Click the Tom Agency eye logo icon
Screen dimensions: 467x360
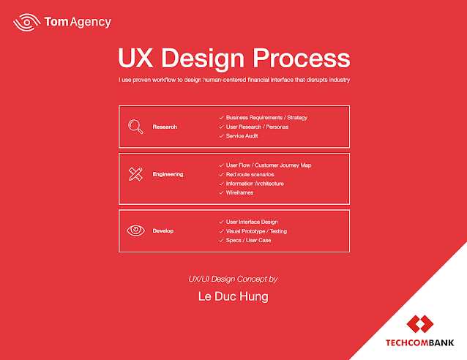(x=27, y=23)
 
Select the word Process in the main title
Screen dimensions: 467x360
(x=301, y=59)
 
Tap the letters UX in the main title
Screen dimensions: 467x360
(x=135, y=58)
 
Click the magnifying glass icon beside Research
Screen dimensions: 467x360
(x=135, y=127)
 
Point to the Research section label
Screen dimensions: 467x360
(x=165, y=127)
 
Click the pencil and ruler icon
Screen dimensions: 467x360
(x=135, y=174)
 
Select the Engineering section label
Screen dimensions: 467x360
(x=168, y=174)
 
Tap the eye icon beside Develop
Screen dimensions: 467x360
(x=136, y=230)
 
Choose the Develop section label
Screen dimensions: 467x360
(x=163, y=231)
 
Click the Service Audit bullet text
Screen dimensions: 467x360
(x=242, y=136)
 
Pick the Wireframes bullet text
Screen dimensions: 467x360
(x=239, y=192)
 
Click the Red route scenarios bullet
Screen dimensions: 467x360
(x=250, y=174)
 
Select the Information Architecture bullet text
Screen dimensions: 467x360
(x=255, y=184)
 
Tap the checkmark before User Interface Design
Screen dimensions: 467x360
(x=221, y=222)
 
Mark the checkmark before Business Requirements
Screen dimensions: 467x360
(x=221, y=118)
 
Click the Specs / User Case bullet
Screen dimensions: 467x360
(x=248, y=240)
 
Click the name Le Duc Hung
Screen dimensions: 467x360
(x=233, y=296)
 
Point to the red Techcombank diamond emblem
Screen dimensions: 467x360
(x=420, y=324)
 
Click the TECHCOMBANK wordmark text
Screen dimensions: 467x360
(x=420, y=342)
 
